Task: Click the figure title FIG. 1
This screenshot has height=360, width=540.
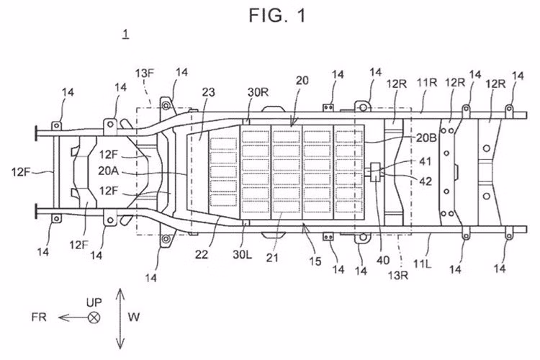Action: (x=277, y=16)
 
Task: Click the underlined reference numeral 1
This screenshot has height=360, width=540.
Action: (x=126, y=34)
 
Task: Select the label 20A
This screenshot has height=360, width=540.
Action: (x=109, y=171)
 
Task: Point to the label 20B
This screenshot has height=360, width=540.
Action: (x=427, y=138)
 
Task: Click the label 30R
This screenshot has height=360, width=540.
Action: (x=258, y=92)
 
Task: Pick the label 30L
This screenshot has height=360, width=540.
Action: (x=243, y=254)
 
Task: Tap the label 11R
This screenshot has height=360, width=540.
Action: (x=427, y=83)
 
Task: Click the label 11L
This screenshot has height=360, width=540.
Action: (x=423, y=264)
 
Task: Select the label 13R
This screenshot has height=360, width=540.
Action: (x=398, y=275)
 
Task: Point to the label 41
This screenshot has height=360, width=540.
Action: (x=425, y=161)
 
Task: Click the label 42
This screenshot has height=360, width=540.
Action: (x=425, y=181)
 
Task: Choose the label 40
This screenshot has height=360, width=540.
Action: (x=383, y=261)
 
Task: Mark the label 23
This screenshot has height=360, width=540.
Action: (x=208, y=92)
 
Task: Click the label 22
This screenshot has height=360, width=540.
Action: (x=202, y=255)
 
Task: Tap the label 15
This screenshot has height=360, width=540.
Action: (x=315, y=261)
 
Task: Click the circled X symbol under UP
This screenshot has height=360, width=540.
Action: (x=94, y=318)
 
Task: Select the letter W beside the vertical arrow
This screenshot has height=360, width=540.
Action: (x=134, y=317)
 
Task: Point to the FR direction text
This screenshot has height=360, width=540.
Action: (x=39, y=317)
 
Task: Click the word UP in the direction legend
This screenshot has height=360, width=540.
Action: (x=94, y=303)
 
